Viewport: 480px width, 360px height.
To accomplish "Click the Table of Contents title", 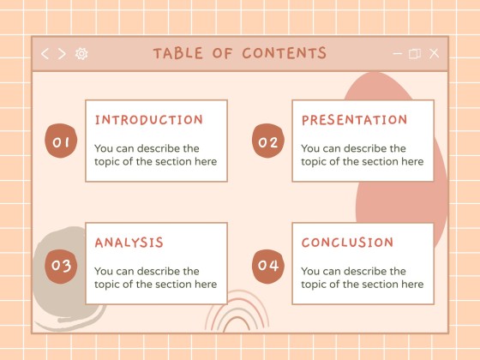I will point(239,53).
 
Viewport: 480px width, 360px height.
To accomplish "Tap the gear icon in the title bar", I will point(81,53).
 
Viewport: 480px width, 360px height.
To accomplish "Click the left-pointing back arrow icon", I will point(45,53).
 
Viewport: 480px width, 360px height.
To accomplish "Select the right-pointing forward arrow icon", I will point(62,53).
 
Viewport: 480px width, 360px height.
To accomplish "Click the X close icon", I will point(434,53).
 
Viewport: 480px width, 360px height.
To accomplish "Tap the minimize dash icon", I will point(397,53).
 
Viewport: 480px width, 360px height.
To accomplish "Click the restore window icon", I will point(415,53).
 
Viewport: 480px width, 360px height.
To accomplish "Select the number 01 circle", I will point(61,142).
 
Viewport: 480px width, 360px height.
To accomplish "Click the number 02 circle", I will point(267,142).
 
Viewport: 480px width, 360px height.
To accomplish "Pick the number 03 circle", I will point(61,266).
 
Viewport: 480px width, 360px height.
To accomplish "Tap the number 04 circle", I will point(267,266).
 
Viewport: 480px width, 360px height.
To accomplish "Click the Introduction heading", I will point(149,120).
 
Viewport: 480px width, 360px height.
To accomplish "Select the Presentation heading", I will point(354,120).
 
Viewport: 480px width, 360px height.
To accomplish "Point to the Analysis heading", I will point(129,243).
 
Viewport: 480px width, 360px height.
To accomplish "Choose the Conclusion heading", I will point(347,243).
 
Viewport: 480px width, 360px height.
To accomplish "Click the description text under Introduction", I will point(155,155).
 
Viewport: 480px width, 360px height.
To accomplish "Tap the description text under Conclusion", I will point(362,278).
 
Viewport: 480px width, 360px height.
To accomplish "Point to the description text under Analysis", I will point(155,278).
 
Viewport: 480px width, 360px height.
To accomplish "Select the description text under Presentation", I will point(362,155).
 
